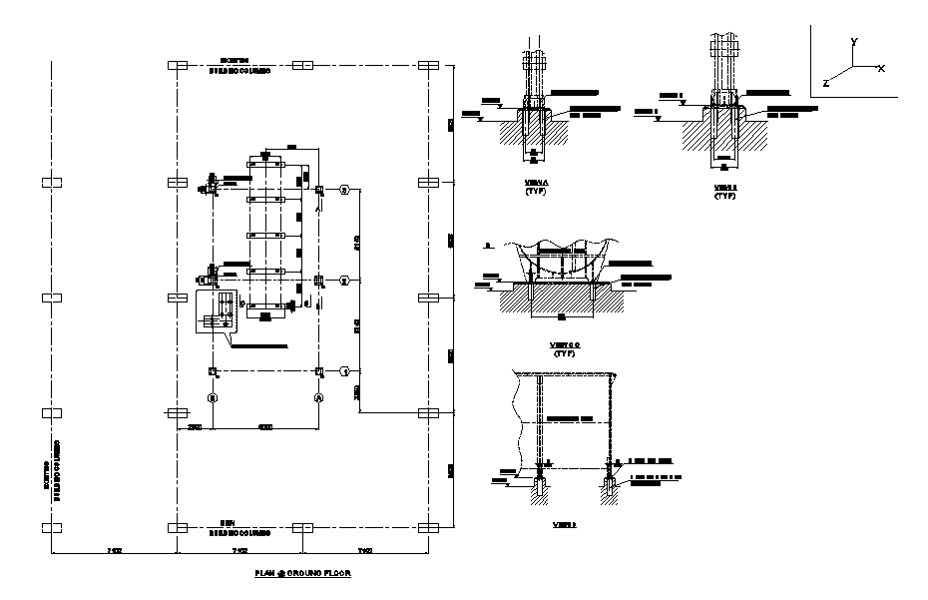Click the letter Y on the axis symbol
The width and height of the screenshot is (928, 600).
[x=854, y=42]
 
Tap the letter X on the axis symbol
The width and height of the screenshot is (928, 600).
[x=881, y=68]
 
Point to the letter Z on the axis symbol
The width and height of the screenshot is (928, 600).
[x=825, y=82]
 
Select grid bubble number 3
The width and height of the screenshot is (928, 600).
[x=344, y=190]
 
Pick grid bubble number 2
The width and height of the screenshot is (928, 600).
[x=344, y=281]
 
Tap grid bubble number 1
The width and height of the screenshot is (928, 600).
[x=344, y=370]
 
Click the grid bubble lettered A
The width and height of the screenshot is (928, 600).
[x=318, y=397]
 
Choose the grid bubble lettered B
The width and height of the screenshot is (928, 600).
[x=213, y=397]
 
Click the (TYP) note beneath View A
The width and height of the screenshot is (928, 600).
[x=531, y=192]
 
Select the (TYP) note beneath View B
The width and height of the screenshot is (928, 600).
[x=725, y=196]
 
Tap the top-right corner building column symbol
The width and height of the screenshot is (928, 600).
[x=429, y=66]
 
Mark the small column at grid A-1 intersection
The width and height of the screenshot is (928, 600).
[x=318, y=371]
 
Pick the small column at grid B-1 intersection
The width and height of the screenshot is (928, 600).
[x=213, y=371]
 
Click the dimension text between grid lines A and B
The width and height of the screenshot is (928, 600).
[x=264, y=427]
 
